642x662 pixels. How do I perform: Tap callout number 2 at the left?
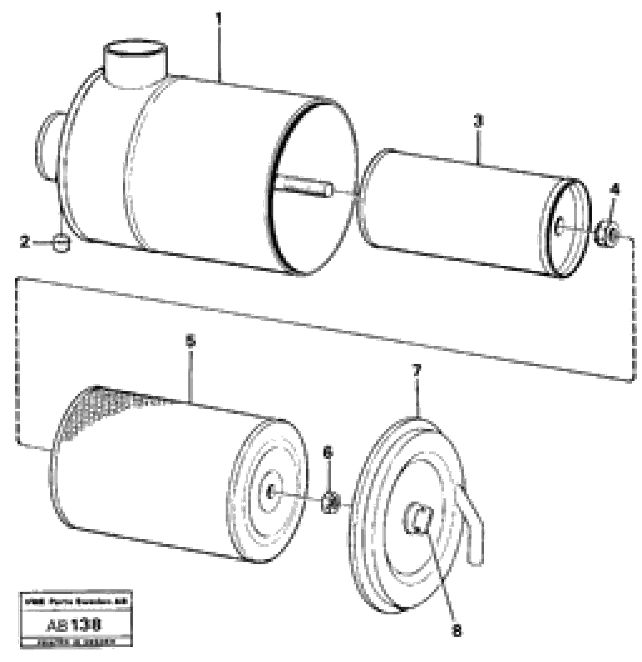(24, 242)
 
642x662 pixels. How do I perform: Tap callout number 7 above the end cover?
(417, 371)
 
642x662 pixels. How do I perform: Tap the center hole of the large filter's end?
(270, 492)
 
